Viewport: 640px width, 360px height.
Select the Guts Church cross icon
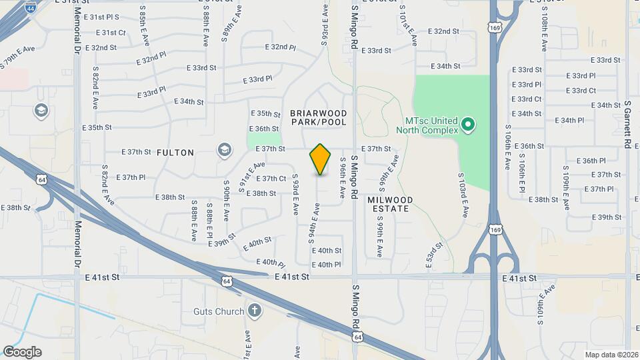[x=254, y=310]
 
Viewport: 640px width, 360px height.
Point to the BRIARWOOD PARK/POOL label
[x=319, y=118]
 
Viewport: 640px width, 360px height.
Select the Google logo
[x=22, y=352]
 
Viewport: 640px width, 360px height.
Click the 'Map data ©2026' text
[x=611, y=355]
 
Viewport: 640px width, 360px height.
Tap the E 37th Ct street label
[x=271, y=179]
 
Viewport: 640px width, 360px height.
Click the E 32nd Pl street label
[x=280, y=47]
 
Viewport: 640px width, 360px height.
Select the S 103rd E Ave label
[x=462, y=195]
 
